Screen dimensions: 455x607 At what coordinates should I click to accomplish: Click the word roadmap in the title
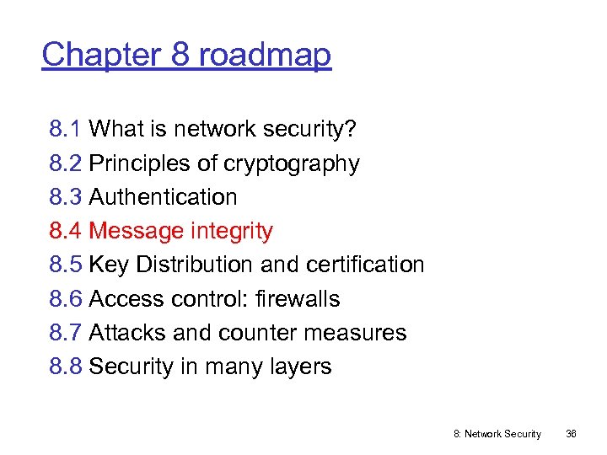(265, 56)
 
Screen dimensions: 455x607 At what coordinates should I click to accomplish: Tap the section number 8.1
(65, 129)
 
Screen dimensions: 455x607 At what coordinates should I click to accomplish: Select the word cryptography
(291, 163)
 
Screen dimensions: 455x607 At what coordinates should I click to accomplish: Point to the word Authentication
(163, 197)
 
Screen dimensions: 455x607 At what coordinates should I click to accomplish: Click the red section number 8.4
(65, 231)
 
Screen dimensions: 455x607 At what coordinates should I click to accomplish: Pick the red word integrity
(231, 231)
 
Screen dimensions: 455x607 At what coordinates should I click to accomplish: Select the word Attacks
(126, 333)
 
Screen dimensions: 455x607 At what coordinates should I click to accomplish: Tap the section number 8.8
(65, 367)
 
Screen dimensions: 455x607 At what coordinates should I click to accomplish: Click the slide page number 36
(571, 434)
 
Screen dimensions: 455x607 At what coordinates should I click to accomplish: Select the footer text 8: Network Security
(497, 434)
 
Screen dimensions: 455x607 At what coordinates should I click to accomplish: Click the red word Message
(137, 231)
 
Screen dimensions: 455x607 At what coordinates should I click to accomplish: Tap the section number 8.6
(65, 299)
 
